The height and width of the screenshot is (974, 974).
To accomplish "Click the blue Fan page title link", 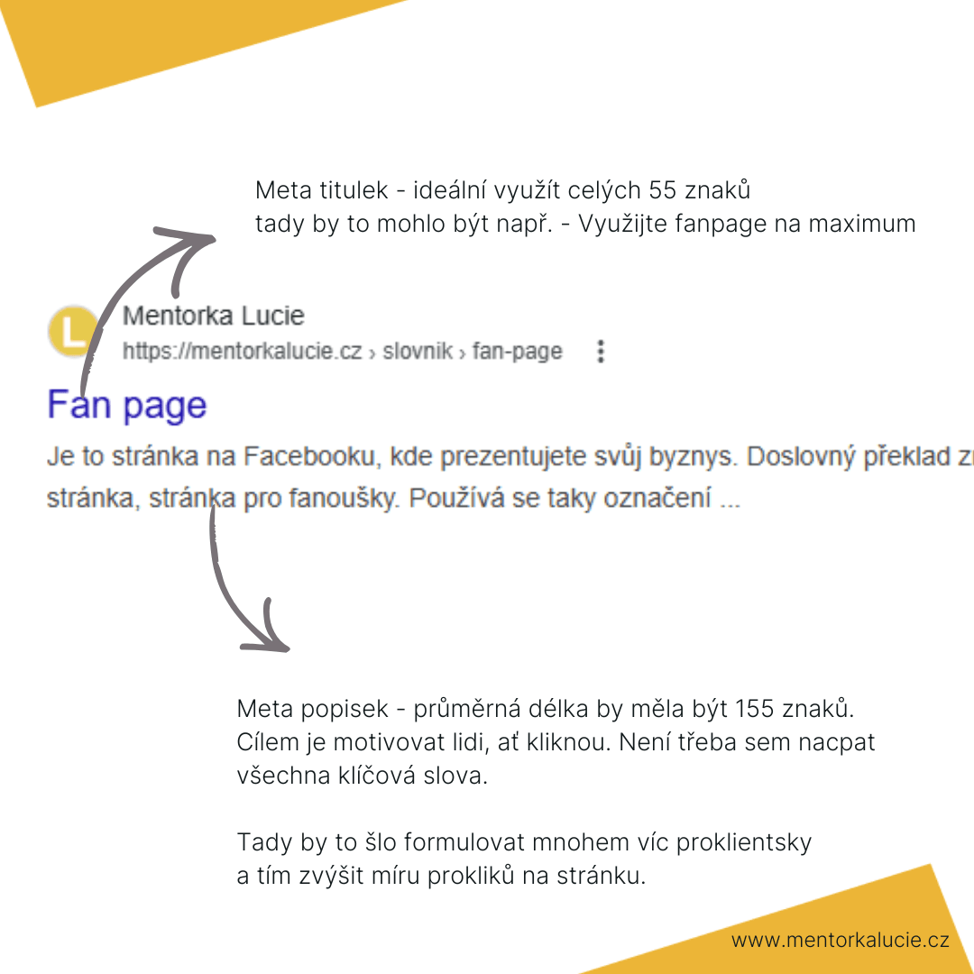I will [x=127, y=405].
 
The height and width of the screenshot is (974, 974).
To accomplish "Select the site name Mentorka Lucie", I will [x=213, y=317].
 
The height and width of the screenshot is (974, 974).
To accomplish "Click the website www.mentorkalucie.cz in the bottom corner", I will [x=840, y=941].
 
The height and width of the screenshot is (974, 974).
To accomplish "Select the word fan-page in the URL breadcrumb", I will [x=517, y=351].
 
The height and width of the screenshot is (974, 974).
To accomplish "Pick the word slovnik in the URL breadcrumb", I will [x=418, y=351].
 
